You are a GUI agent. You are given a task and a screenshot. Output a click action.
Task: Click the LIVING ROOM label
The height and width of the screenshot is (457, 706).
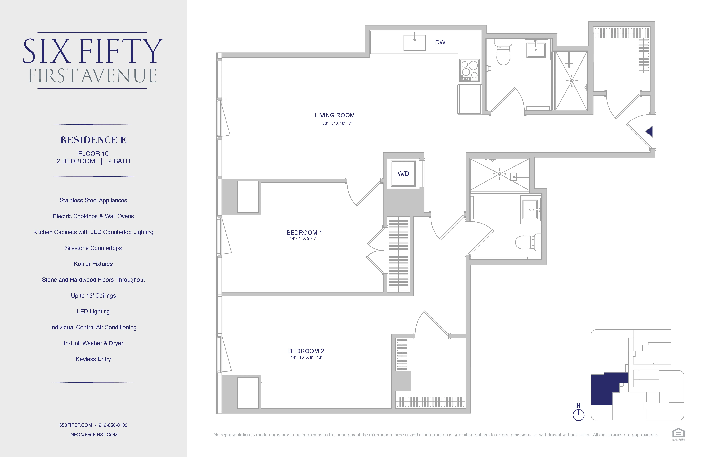click(x=335, y=115)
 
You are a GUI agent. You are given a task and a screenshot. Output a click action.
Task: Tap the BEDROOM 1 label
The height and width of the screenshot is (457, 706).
click(x=304, y=233)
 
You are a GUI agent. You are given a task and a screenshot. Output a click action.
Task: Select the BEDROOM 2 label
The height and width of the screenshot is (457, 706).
click(x=306, y=351)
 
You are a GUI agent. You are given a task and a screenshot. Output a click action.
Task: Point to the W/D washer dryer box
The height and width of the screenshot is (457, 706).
click(x=403, y=174)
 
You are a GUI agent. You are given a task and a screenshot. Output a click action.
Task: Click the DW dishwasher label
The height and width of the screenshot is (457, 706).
click(x=440, y=42)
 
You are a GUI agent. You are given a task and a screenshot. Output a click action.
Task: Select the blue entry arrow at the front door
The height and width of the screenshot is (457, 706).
click(x=649, y=131)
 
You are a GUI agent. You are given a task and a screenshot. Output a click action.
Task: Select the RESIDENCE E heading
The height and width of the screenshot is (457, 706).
click(x=93, y=140)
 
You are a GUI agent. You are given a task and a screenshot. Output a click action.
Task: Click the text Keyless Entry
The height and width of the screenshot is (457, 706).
click(x=93, y=359)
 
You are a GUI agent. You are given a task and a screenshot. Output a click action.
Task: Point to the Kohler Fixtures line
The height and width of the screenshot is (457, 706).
click(x=93, y=264)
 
